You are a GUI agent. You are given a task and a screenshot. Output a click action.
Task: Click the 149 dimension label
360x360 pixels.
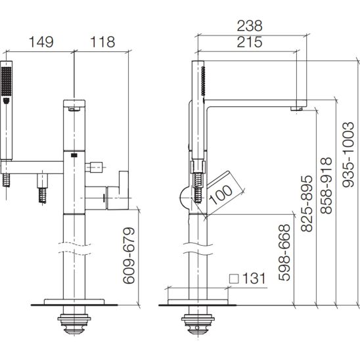(x=41, y=42)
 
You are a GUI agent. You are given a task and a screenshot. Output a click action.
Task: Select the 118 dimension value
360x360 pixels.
(x=102, y=42)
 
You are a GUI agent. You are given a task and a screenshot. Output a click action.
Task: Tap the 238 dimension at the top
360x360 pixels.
(x=250, y=26)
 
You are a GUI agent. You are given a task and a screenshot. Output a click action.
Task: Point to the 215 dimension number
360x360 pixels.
(x=250, y=42)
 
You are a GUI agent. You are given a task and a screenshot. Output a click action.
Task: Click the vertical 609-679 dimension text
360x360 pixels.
(x=129, y=256)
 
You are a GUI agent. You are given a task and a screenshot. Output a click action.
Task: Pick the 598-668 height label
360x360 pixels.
(x=284, y=252)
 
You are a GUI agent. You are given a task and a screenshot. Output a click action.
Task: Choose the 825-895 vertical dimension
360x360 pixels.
(x=307, y=204)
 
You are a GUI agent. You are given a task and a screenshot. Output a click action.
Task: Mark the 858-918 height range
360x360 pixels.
(x=326, y=185)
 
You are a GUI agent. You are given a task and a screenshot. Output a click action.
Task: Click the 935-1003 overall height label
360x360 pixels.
(x=348, y=154)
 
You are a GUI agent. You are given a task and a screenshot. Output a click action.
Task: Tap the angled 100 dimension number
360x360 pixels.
(x=221, y=194)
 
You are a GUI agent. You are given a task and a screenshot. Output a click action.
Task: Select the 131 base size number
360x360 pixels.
(x=254, y=279)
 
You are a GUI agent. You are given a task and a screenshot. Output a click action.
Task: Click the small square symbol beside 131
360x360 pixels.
(x=234, y=279)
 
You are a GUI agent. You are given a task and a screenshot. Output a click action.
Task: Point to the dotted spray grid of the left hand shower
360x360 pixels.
(x=6, y=81)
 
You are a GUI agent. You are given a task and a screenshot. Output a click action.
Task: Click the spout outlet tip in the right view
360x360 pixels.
(x=296, y=108)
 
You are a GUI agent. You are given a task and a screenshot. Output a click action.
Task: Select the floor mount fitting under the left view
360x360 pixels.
(x=74, y=323)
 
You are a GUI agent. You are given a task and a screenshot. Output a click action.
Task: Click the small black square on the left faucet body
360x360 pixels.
(x=74, y=156)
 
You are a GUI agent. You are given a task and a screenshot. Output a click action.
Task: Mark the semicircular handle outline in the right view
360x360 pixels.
(x=185, y=198)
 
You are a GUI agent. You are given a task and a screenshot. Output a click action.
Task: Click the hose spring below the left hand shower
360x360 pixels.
(x=7, y=180)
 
